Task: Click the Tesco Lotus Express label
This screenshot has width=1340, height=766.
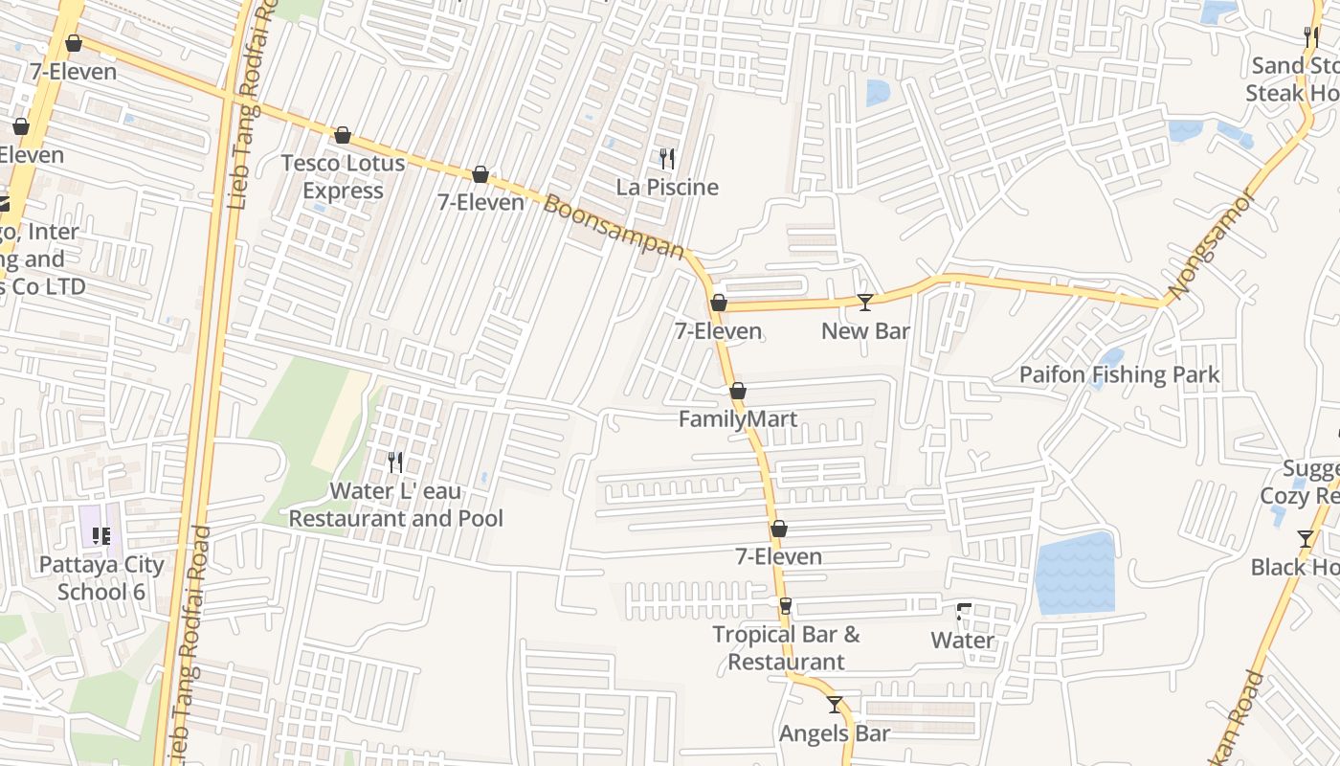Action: [343, 177]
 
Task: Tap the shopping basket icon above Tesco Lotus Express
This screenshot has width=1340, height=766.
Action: [343, 136]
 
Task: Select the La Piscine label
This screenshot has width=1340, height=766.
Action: [667, 188]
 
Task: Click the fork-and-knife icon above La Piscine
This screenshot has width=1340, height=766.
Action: [667, 158]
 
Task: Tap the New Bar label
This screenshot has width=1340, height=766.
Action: [865, 331]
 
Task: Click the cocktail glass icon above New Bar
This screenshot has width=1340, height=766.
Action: [865, 303]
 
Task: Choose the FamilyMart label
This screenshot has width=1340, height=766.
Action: [737, 419]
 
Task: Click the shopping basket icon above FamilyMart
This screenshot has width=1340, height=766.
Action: [737, 391]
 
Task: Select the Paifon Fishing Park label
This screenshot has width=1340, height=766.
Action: [1119, 374]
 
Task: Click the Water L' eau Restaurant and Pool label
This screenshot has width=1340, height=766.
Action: [395, 505]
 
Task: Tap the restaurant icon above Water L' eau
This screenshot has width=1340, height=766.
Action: [395, 462]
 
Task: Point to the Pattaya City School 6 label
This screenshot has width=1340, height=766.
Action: [101, 577]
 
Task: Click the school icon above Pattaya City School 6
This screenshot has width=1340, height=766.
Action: [101, 535]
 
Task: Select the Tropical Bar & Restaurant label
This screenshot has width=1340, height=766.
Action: [786, 647]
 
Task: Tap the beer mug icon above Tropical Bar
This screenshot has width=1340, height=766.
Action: [786, 605]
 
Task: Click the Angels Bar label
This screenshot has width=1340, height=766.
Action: [835, 733]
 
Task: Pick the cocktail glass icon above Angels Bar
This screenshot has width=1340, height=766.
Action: [835, 705]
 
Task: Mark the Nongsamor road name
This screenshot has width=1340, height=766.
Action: [1212, 244]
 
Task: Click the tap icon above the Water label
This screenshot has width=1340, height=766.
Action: [963, 611]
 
